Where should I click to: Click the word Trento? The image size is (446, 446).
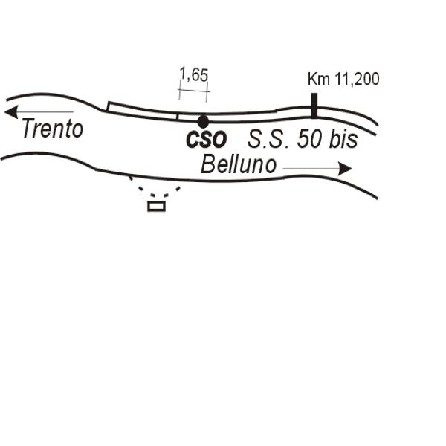53,129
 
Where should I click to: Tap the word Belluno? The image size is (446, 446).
239,164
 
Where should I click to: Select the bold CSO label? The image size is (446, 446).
206,140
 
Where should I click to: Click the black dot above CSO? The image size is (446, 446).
203,122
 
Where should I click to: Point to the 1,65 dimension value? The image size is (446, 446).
194,74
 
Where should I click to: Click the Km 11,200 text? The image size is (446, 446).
343,79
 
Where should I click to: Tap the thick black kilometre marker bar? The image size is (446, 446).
314,106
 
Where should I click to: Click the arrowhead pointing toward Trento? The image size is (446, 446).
11,111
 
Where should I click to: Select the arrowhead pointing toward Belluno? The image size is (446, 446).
346,169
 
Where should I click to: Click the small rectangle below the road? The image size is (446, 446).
156,206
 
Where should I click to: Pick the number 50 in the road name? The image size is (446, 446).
310,140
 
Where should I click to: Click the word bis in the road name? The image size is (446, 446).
343,139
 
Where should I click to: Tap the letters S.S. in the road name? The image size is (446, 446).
269,140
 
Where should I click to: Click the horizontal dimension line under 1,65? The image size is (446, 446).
194,91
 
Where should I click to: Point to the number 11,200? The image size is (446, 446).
357,79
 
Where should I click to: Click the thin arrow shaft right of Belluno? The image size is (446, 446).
311,169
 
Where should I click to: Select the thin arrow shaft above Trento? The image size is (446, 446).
45,111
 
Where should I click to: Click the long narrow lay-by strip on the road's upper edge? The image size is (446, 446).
142,111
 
